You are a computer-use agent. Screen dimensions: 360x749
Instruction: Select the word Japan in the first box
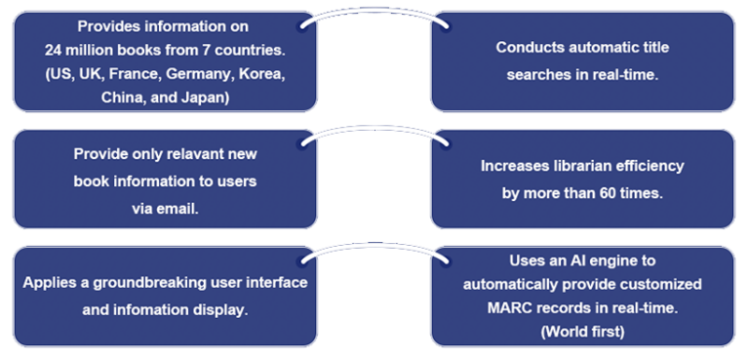208,98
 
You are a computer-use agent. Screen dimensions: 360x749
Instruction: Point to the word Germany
198,74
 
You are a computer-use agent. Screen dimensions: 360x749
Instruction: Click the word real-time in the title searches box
623,74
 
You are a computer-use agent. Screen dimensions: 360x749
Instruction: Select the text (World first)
581,333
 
